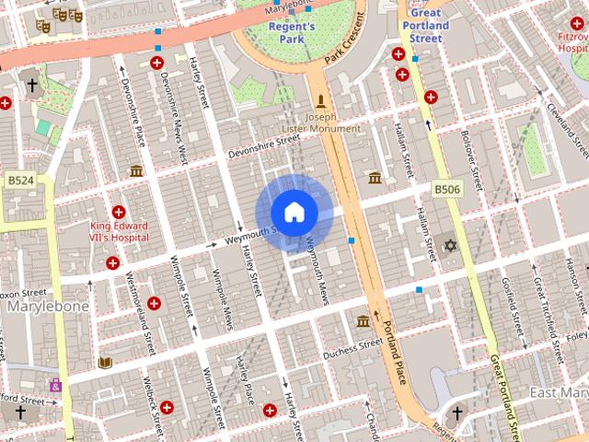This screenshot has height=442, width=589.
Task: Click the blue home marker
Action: [294, 212]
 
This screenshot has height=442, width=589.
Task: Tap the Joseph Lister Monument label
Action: [320, 123]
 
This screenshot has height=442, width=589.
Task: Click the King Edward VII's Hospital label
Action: [119, 232]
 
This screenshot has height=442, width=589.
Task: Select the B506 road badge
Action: [447, 190]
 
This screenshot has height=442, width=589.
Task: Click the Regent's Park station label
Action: [292, 33]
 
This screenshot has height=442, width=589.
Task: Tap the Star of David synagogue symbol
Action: [450, 245]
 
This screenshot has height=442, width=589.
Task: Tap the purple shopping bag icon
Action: [56, 385]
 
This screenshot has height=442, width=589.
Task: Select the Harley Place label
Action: [246, 390]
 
